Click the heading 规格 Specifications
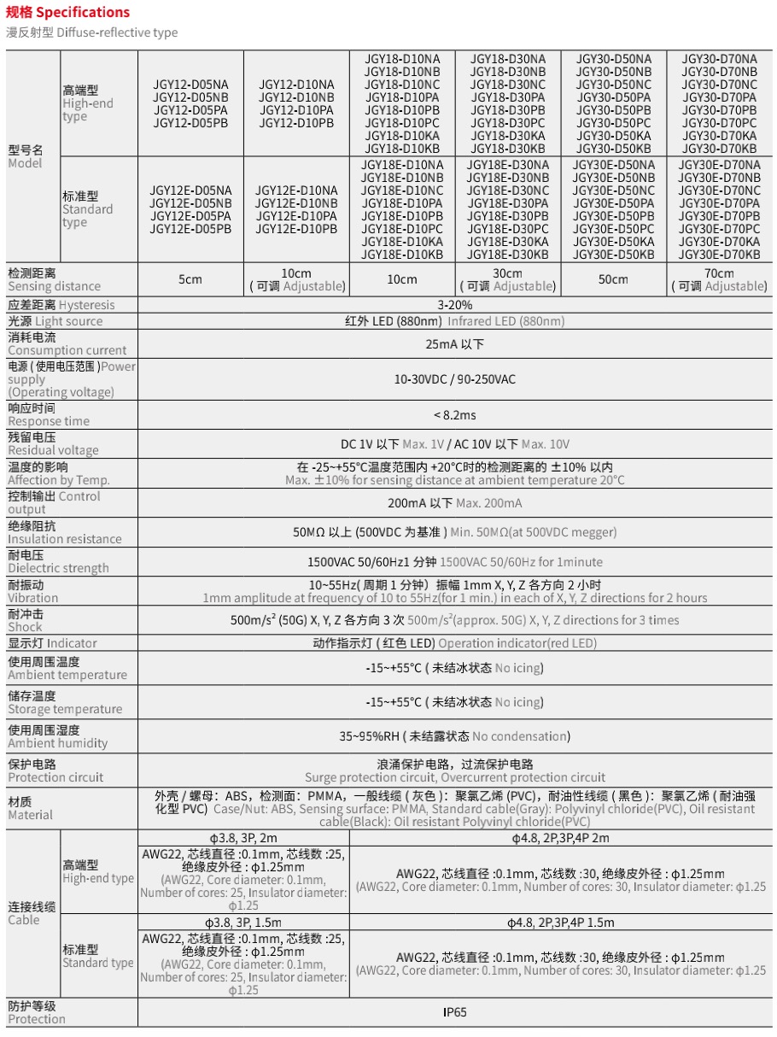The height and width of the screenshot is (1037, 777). [x=68, y=12]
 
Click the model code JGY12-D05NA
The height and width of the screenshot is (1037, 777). [x=190, y=85]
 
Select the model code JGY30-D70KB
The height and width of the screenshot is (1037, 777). [x=719, y=149]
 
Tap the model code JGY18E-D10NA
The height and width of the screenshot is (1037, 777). [x=402, y=165]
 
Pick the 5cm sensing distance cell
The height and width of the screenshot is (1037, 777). [x=190, y=279]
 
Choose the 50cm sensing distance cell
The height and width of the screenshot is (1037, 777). [x=613, y=279]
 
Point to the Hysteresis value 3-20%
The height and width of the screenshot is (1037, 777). [x=454, y=305]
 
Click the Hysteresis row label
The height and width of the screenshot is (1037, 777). [x=61, y=305]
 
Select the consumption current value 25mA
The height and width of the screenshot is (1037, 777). [x=454, y=344]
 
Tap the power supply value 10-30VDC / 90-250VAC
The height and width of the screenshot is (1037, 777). [x=454, y=379]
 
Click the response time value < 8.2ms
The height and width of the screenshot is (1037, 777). [x=454, y=415]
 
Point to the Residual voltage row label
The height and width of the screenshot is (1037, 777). [x=53, y=443]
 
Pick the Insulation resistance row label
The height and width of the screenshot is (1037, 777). [x=65, y=532]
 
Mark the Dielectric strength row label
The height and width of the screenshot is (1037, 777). [x=58, y=561]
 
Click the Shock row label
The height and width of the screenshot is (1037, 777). [x=26, y=620]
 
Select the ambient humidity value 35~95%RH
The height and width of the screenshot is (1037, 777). [x=454, y=736]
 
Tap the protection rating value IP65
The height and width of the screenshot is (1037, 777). [x=454, y=1012]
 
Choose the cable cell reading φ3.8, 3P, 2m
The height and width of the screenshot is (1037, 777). [x=243, y=838]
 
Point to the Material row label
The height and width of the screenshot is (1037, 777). [x=30, y=808]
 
